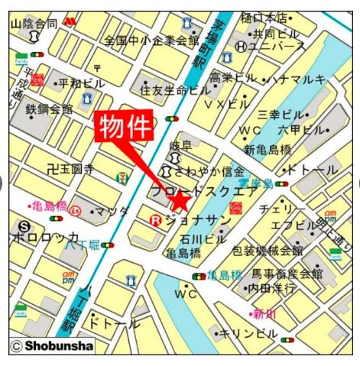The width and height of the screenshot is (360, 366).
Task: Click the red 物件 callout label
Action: pyautogui.click(x=123, y=127)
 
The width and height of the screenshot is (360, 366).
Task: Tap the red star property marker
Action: pyautogui.click(x=180, y=202)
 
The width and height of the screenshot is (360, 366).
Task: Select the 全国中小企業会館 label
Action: pyautogui.click(x=151, y=40)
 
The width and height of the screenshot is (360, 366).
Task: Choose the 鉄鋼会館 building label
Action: pyautogui.click(x=49, y=110)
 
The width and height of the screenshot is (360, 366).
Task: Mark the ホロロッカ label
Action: pyautogui.click(x=44, y=238)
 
